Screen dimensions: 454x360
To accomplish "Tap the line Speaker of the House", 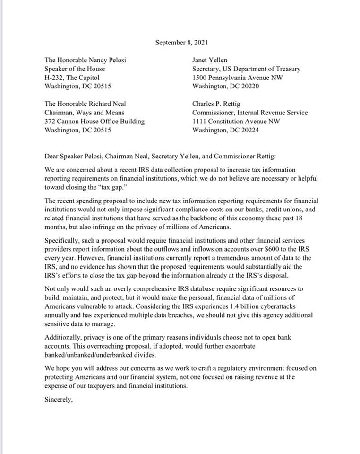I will click(75, 69).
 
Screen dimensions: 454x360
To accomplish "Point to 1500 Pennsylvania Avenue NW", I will click(238, 78).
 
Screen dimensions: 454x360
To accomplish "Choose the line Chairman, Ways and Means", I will click(84, 113).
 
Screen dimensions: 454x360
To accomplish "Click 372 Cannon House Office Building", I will click(94, 122).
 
